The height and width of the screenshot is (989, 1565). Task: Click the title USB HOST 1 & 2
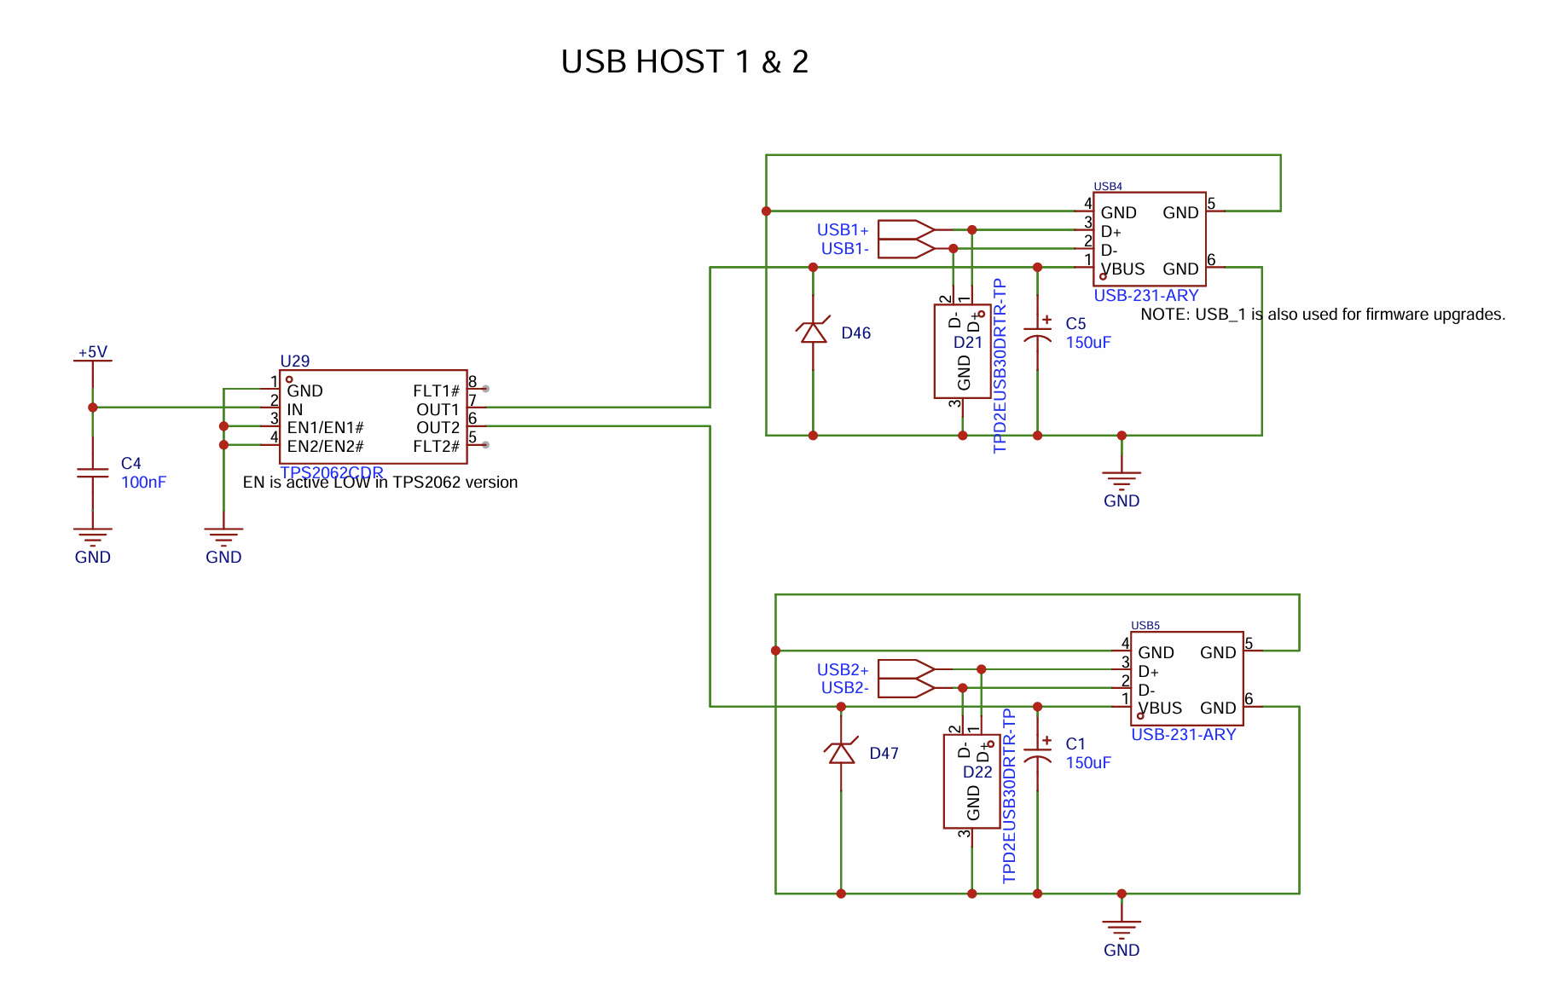click(x=684, y=62)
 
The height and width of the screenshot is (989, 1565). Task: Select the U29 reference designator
click(x=294, y=361)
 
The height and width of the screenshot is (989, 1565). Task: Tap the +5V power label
click(x=92, y=352)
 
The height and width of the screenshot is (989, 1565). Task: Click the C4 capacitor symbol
click(x=92, y=472)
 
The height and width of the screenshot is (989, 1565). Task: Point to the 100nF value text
click(x=143, y=483)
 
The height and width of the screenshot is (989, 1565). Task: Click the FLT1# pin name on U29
click(x=436, y=391)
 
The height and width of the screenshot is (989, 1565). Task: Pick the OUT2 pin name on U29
click(x=438, y=428)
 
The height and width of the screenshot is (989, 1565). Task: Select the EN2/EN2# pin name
click(x=325, y=447)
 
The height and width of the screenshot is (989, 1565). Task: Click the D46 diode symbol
click(x=813, y=333)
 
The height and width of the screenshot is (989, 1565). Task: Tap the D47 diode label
click(x=884, y=754)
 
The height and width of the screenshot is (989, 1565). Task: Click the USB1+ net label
click(x=842, y=230)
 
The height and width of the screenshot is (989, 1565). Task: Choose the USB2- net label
click(x=844, y=688)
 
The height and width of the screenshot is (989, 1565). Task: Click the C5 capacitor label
click(x=1075, y=324)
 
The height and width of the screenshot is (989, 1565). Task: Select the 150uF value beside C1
click(x=1087, y=763)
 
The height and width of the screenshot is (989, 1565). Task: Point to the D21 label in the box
click(x=968, y=343)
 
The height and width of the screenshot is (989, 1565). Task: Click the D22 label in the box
click(x=977, y=772)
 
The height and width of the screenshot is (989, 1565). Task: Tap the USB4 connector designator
click(x=1108, y=186)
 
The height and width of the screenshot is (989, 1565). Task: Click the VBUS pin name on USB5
click(x=1160, y=708)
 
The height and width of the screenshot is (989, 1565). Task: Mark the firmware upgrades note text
click(x=1322, y=315)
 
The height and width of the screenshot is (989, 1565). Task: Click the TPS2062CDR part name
click(x=331, y=472)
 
